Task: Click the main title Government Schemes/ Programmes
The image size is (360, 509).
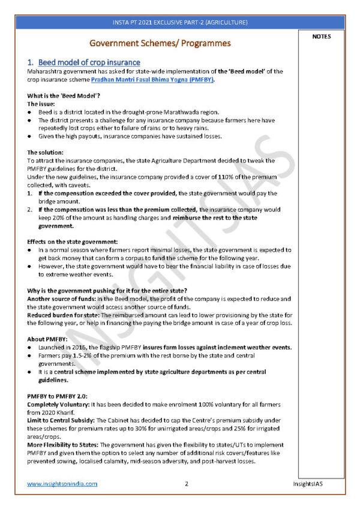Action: pos(160,43)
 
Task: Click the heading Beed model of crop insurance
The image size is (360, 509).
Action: pos(89,62)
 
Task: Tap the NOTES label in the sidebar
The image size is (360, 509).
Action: pos(321,37)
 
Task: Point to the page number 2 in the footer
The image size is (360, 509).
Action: pos(187,483)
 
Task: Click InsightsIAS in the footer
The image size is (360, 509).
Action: pos(310,483)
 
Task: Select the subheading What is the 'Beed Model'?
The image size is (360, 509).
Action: pos(64,97)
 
